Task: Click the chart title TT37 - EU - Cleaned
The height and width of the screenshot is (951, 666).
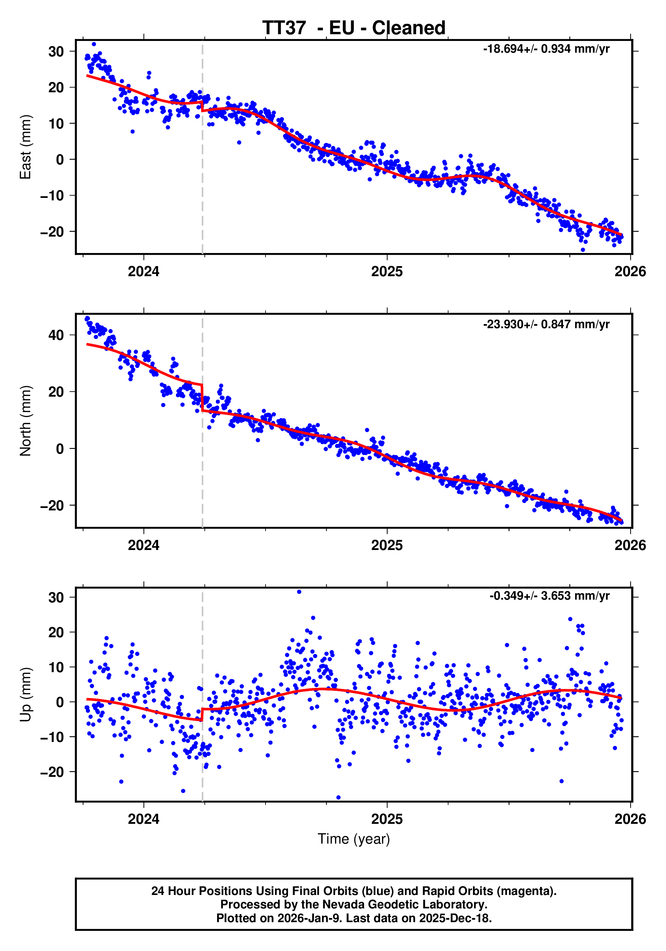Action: (353, 28)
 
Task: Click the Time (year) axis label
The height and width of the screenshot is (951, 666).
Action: (353, 839)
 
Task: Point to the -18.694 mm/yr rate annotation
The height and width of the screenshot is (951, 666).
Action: (546, 49)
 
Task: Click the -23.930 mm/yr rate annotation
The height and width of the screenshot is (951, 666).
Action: (546, 324)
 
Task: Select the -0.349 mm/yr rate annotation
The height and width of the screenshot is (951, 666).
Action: (549, 596)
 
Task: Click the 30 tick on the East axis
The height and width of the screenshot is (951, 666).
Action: (56, 52)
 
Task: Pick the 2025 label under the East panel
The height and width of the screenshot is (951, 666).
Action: (387, 272)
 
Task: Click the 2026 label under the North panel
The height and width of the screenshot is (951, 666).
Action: (630, 545)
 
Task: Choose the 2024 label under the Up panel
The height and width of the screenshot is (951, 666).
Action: (143, 819)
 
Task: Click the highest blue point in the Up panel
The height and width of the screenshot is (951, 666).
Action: (299, 592)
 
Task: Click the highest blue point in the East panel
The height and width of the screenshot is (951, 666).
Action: (94, 44)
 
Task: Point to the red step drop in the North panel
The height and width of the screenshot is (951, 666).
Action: (202, 398)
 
